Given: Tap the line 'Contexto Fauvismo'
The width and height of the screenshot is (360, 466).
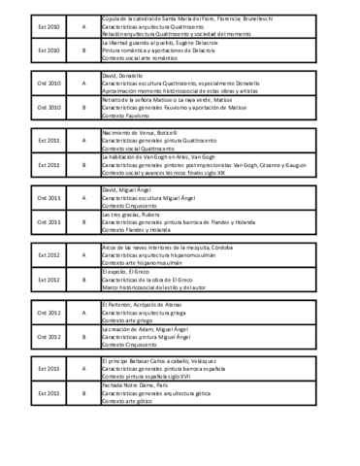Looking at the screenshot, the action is [x=126, y=115].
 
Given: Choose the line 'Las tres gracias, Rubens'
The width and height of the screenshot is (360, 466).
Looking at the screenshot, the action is [x=130, y=214].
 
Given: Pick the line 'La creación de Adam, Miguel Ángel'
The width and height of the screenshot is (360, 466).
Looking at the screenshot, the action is [x=147, y=329].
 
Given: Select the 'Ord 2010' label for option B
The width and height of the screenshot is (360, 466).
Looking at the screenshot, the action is [x=48, y=108].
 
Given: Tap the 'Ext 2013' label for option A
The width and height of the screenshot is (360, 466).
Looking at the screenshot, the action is [x=48, y=369].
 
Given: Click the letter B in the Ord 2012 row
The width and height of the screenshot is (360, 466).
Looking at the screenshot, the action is [x=83, y=337].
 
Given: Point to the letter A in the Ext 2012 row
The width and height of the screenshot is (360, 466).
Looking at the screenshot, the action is [x=83, y=255].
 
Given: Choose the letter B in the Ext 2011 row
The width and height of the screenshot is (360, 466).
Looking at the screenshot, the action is [x=83, y=165].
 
